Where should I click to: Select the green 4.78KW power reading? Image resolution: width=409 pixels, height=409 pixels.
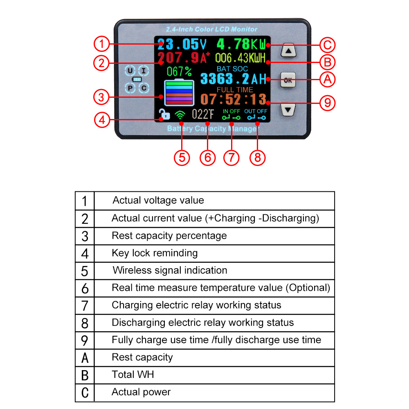point(241,44)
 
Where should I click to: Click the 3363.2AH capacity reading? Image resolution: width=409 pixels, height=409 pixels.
point(233,79)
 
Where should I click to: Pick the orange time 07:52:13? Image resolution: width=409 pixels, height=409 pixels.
point(233,99)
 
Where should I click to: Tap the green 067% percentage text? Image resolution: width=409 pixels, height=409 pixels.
point(179,72)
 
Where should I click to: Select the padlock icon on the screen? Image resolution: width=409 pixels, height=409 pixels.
point(164,115)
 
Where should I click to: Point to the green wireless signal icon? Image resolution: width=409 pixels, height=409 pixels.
point(180,115)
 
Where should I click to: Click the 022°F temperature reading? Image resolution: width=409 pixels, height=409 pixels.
point(203,115)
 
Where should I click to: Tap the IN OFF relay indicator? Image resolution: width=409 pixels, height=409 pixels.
point(231,115)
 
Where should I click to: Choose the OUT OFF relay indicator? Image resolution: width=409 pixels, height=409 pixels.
point(256,115)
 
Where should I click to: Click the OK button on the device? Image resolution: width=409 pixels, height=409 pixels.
point(288,80)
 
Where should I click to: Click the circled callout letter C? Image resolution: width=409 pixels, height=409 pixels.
point(327,45)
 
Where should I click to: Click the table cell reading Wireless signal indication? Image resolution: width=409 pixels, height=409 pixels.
point(170,270)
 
